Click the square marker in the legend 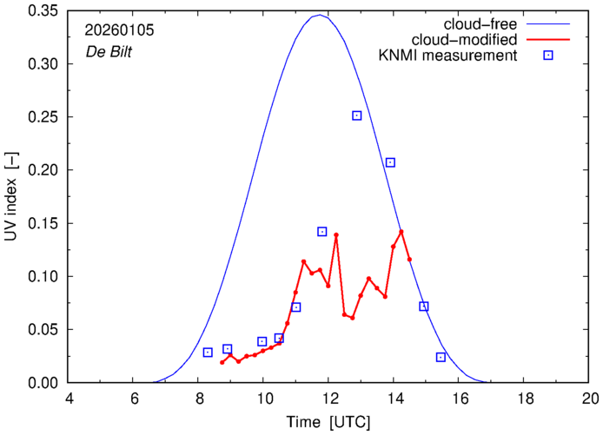point(548,56)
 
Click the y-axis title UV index point(11,196)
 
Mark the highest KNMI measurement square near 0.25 point(357,115)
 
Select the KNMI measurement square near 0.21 point(391,162)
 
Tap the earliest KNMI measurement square point(208,353)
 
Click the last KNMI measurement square point(441,357)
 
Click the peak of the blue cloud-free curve point(320,15)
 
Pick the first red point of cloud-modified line point(222,362)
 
